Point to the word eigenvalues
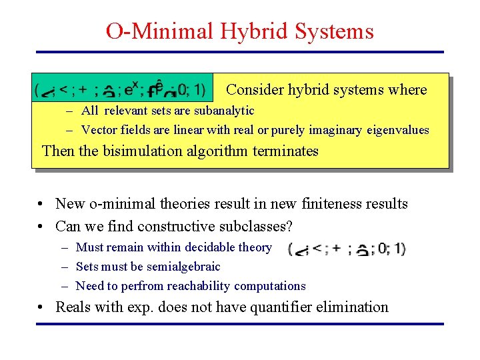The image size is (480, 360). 397,130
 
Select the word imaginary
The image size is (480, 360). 331,130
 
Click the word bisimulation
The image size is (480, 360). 141,151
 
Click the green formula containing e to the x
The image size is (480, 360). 123,89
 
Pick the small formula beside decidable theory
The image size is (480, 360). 346,249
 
